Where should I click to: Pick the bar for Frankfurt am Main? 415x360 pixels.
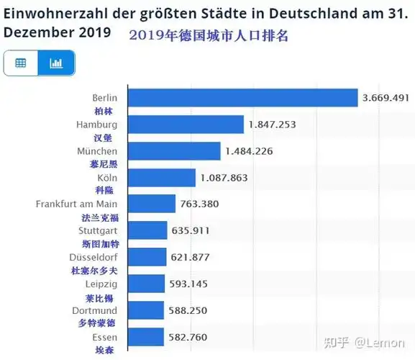[x=151, y=204]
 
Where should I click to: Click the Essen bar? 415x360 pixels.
[x=145, y=336]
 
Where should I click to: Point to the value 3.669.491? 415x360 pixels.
[x=386, y=98]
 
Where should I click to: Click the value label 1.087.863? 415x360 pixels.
[x=223, y=177]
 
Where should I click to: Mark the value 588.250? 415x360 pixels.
[x=185, y=310]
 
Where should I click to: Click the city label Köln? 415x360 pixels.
[x=107, y=177]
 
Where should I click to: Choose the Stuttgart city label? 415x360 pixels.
[x=98, y=230]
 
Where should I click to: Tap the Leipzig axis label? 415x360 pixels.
[x=101, y=284]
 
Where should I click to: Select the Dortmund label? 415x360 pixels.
[x=95, y=310]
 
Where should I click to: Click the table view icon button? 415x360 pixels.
[x=21, y=63]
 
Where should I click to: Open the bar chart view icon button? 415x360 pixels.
[x=56, y=63]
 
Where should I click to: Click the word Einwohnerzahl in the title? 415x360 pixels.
[x=46, y=13]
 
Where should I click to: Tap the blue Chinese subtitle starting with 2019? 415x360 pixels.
[x=209, y=35]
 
